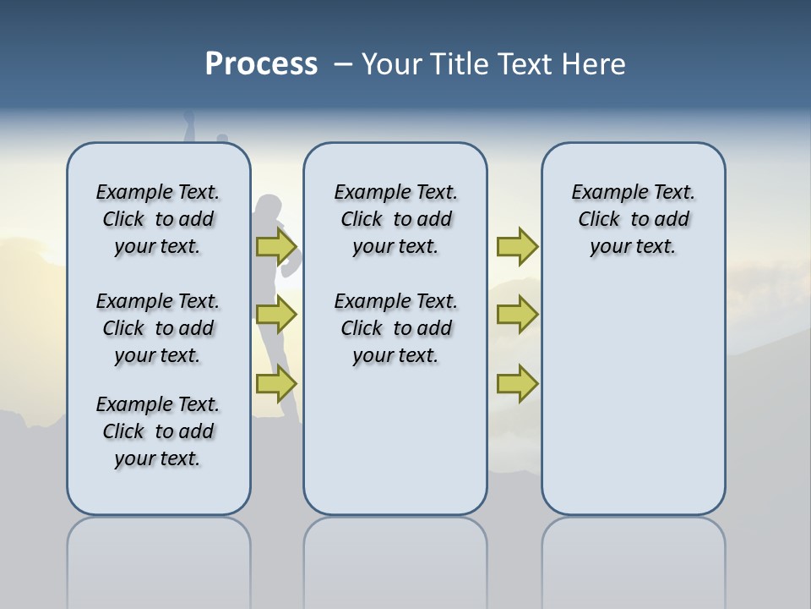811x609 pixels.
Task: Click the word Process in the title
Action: point(261,64)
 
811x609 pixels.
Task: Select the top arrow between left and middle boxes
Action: point(276,246)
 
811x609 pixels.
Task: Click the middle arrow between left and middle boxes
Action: point(276,315)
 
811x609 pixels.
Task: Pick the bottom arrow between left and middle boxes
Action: point(276,384)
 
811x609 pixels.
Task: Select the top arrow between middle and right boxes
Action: point(517,246)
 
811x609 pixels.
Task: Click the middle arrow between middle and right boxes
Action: point(517,315)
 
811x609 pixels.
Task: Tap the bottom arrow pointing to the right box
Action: point(517,384)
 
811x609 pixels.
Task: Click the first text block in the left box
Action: point(158,219)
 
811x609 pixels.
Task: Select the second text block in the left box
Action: point(158,328)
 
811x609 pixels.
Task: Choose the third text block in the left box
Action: point(158,431)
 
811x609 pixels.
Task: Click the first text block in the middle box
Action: point(395,219)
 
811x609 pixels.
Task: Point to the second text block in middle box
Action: point(395,328)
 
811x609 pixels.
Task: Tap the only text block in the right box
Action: point(633,219)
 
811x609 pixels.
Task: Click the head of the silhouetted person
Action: point(269,208)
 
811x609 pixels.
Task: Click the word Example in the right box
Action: point(601,192)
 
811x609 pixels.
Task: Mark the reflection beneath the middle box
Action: point(395,558)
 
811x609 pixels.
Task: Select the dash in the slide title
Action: point(343,64)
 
